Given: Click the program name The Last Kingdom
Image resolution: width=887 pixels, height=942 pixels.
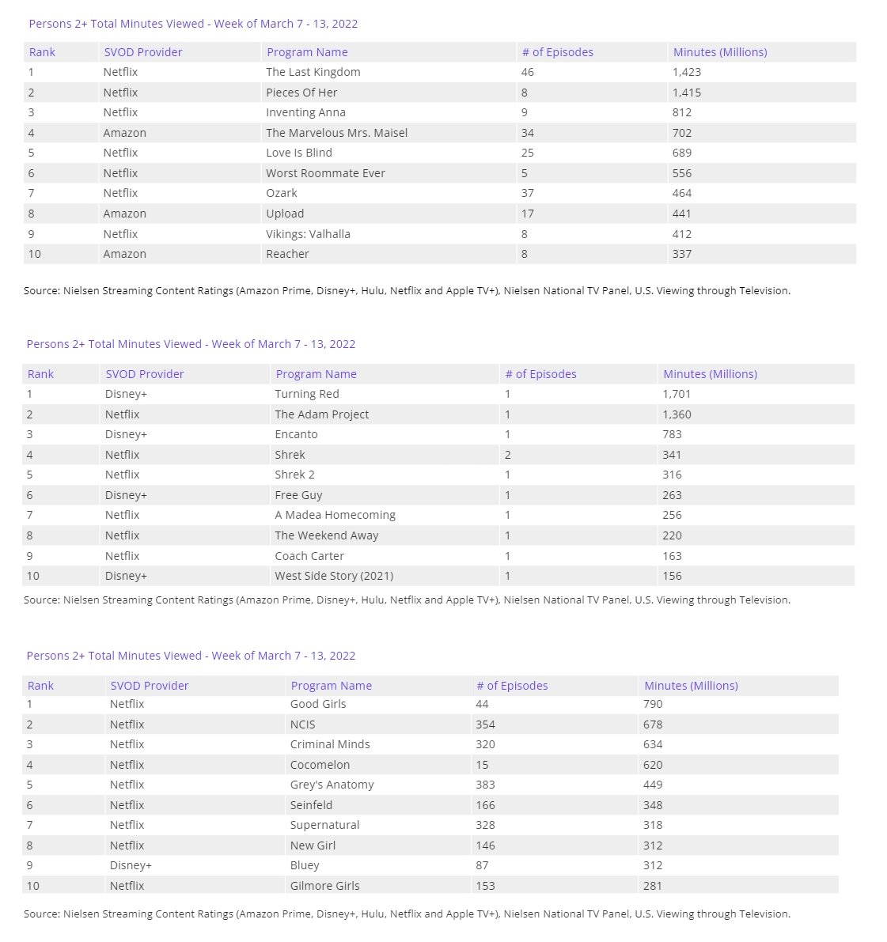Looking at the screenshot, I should [x=313, y=72].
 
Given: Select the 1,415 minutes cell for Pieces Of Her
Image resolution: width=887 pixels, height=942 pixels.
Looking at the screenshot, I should [x=686, y=93].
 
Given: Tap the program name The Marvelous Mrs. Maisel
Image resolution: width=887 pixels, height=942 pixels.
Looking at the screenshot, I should [x=336, y=133].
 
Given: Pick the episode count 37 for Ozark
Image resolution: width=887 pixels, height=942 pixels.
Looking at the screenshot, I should [x=527, y=193].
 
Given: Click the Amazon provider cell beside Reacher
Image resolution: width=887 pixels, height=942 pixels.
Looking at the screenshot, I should [x=124, y=254].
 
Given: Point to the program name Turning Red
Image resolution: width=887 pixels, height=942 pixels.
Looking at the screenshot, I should [x=306, y=394].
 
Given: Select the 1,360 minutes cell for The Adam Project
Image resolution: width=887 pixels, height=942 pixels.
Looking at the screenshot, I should [x=677, y=414].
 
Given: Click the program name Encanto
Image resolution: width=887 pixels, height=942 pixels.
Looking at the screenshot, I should [x=296, y=434].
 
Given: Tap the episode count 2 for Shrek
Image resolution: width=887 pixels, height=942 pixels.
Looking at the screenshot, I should [x=507, y=455].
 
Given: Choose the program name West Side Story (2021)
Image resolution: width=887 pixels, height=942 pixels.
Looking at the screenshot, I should [x=334, y=576].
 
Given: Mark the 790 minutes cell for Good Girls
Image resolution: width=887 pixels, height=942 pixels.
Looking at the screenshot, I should [x=653, y=704].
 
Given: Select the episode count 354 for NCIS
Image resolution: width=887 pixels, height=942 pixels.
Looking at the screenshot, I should [x=485, y=724].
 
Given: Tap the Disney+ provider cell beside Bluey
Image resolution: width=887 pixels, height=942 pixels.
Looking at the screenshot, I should [x=131, y=865].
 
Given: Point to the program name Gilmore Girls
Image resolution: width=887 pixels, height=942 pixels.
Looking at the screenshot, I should [x=324, y=886].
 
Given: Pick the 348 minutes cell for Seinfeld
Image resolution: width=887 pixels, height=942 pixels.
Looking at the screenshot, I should [x=653, y=805].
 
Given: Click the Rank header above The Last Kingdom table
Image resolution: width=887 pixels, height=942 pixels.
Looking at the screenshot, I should [x=42, y=52].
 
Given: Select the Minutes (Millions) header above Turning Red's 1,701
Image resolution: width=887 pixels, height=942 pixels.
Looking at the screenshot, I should [x=710, y=374].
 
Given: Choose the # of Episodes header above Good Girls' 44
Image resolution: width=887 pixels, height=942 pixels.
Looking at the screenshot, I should [x=511, y=686].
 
